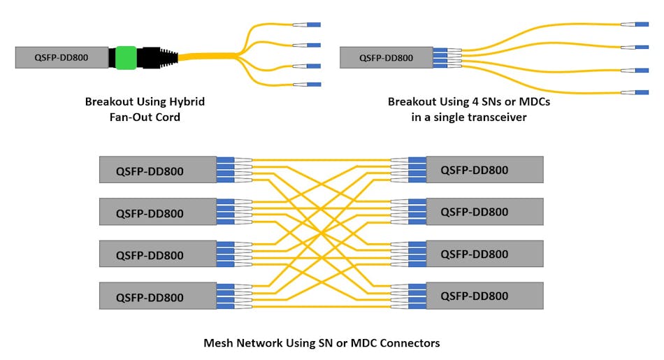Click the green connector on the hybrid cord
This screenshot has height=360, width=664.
tap(126, 57)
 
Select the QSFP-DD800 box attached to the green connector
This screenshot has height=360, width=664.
tap(62, 57)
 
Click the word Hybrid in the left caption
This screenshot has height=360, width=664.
tap(187, 102)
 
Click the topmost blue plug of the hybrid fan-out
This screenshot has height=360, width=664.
tap(313, 24)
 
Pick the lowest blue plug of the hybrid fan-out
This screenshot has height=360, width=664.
tap(313, 85)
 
